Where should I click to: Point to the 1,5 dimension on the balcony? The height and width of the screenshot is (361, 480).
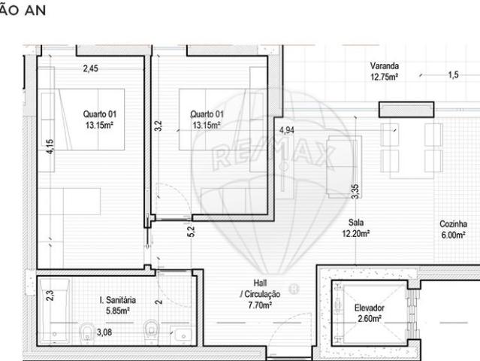click(452, 75)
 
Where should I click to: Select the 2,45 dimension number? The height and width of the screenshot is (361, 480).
click(90, 68)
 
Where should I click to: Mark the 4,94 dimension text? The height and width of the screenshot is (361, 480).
click(286, 130)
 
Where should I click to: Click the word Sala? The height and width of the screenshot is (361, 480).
click(357, 223)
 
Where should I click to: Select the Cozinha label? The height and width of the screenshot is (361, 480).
click(454, 223)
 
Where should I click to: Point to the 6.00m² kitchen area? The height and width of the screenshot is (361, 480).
click(454, 234)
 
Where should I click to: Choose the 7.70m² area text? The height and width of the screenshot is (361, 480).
click(256, 305)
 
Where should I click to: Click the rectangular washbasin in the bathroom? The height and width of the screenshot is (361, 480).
click(180, 332)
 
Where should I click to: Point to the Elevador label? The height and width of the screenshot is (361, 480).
click(368, 308)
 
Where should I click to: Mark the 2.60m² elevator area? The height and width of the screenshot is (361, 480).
click(368, 319)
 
